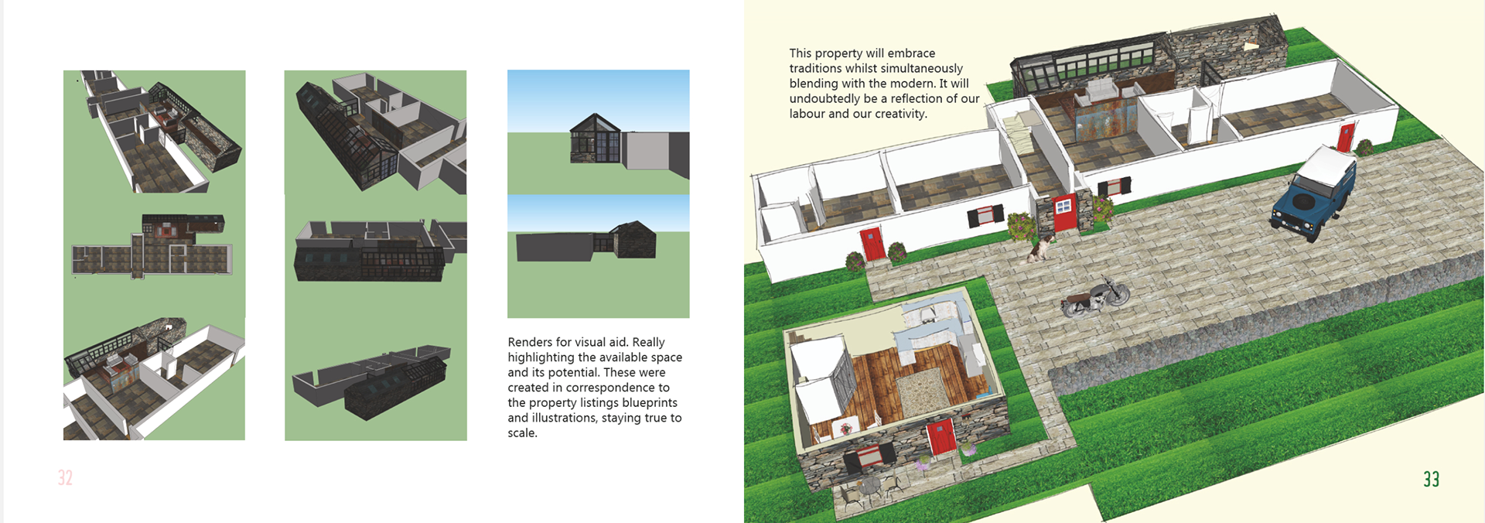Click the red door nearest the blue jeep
point(1346,138)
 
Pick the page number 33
point(1431,480)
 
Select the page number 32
point(65,478)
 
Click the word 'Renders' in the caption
point(530,342)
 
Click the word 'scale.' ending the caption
point(522,432)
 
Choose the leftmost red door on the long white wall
point(872,243)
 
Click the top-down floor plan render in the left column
point(153,248)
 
